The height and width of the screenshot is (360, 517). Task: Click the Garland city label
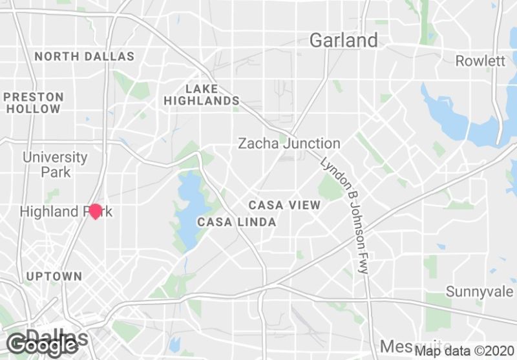[343, 40]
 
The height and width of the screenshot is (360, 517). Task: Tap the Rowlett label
[480, 61]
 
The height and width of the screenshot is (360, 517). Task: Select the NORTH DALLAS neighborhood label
[85, 56]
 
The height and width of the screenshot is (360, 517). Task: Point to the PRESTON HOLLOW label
[34, 103]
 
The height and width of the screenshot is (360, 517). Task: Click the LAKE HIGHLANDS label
[202, 94]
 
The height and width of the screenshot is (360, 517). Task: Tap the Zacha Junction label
[289, 143]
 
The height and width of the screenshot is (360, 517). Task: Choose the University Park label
[55, 164]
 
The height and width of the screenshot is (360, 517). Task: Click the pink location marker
[96, 211]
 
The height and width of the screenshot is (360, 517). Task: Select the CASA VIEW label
[284, 205]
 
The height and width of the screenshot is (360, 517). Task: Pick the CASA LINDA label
[237, 222]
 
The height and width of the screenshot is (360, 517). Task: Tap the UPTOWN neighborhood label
[54, 276]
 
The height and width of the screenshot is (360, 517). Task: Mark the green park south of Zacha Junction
[331, 187]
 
